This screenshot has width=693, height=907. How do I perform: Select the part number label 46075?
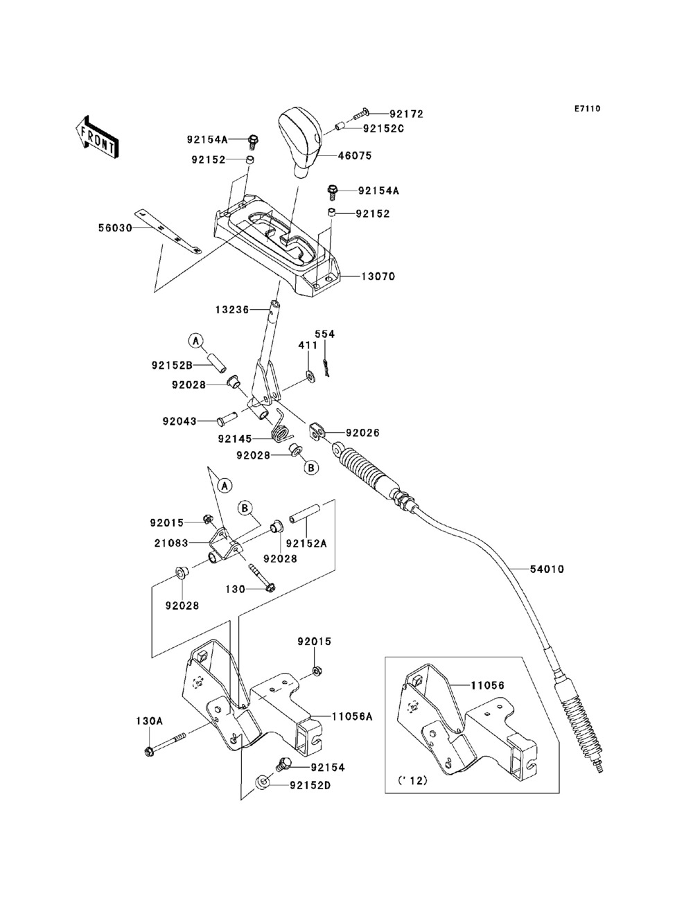click(354, 156)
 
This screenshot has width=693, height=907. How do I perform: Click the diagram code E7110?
click(586, 109)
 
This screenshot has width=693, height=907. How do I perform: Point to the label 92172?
click(406, 114)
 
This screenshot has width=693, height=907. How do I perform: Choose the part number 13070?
click(378, 276)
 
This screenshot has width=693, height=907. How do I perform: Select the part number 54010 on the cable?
click(547, 570)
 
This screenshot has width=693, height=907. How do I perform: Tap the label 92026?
click(363, 432)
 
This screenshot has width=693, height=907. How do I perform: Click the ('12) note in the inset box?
click(413, 780)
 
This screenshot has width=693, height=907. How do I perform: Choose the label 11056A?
click(352, 716)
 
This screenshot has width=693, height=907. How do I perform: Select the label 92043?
click(180, 421)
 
